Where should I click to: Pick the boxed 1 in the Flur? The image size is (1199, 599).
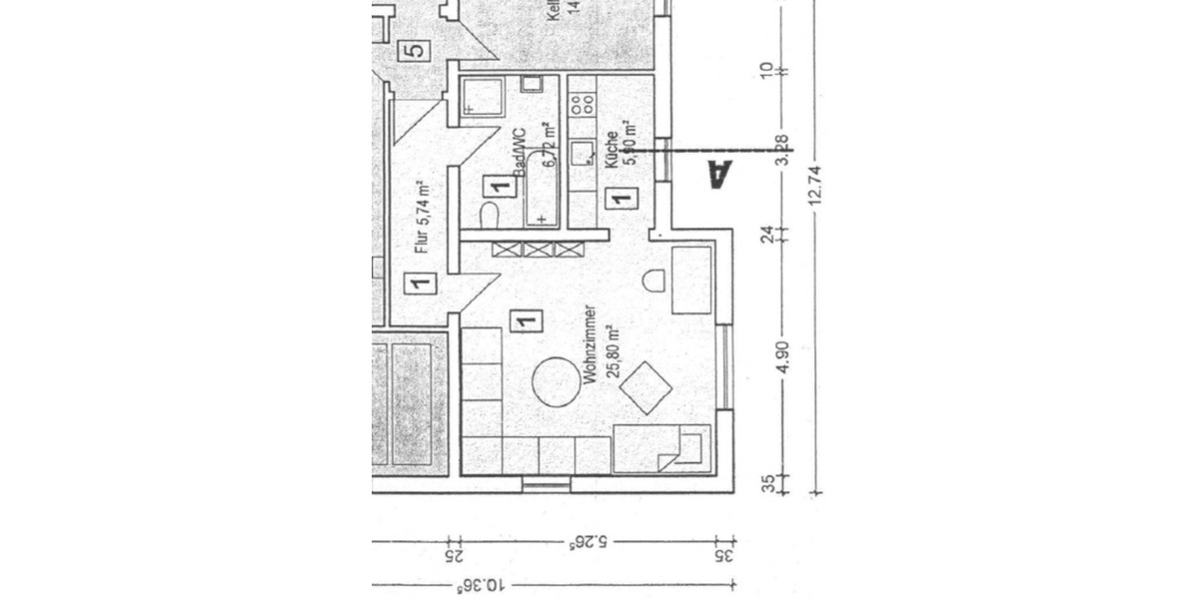(420, 284)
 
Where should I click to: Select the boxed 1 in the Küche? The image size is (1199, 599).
(619, 197)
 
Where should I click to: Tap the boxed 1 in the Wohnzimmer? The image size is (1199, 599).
(525, 321)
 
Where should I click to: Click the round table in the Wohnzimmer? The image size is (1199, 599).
(556, 381)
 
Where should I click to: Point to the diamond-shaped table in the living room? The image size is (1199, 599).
(645, 387)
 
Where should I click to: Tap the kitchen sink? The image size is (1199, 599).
(581, 153)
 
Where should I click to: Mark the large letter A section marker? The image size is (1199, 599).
(718, 174)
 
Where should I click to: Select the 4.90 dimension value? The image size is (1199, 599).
(782, 355)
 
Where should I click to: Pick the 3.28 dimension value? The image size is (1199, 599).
(782, 150)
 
